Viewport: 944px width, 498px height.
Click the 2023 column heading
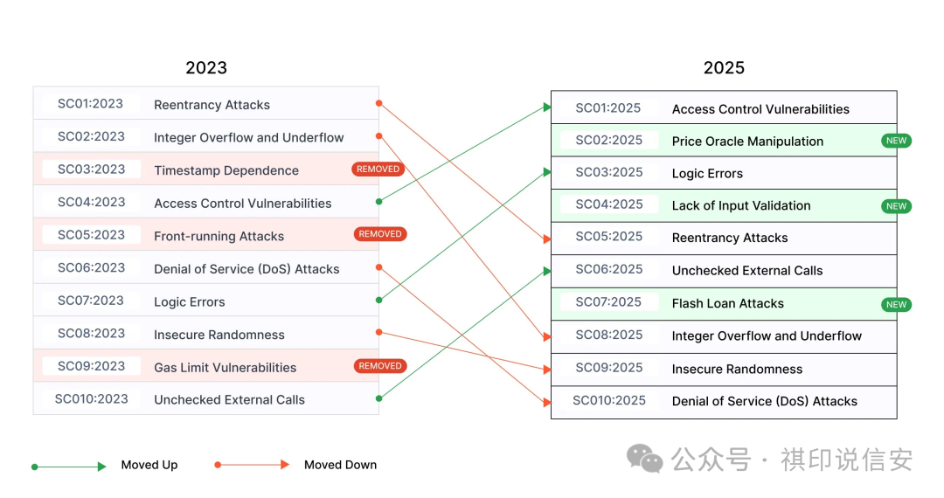206,68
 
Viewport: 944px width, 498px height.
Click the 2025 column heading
724,68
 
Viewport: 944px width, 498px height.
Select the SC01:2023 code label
91,104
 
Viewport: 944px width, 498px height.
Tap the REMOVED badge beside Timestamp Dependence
378,169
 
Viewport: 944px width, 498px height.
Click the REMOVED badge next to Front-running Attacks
380,234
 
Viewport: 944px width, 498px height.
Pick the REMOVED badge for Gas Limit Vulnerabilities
380,366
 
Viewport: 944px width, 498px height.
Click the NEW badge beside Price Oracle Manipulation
896,141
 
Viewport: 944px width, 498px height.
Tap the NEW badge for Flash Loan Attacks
896,305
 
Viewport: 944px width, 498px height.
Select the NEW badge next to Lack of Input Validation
896,206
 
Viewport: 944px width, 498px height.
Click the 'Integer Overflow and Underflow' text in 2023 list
249,138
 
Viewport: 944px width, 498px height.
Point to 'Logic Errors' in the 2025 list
707,174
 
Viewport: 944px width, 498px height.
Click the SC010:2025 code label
609,401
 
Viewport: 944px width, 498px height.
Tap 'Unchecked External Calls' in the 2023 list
230,400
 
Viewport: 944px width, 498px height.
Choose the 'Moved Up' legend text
149,465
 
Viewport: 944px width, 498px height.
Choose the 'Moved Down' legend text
340,465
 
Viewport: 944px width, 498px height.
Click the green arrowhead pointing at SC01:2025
546,107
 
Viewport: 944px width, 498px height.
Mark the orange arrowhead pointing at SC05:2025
546,239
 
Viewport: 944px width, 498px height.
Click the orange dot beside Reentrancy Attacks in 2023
378,103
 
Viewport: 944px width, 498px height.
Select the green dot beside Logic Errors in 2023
378,300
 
